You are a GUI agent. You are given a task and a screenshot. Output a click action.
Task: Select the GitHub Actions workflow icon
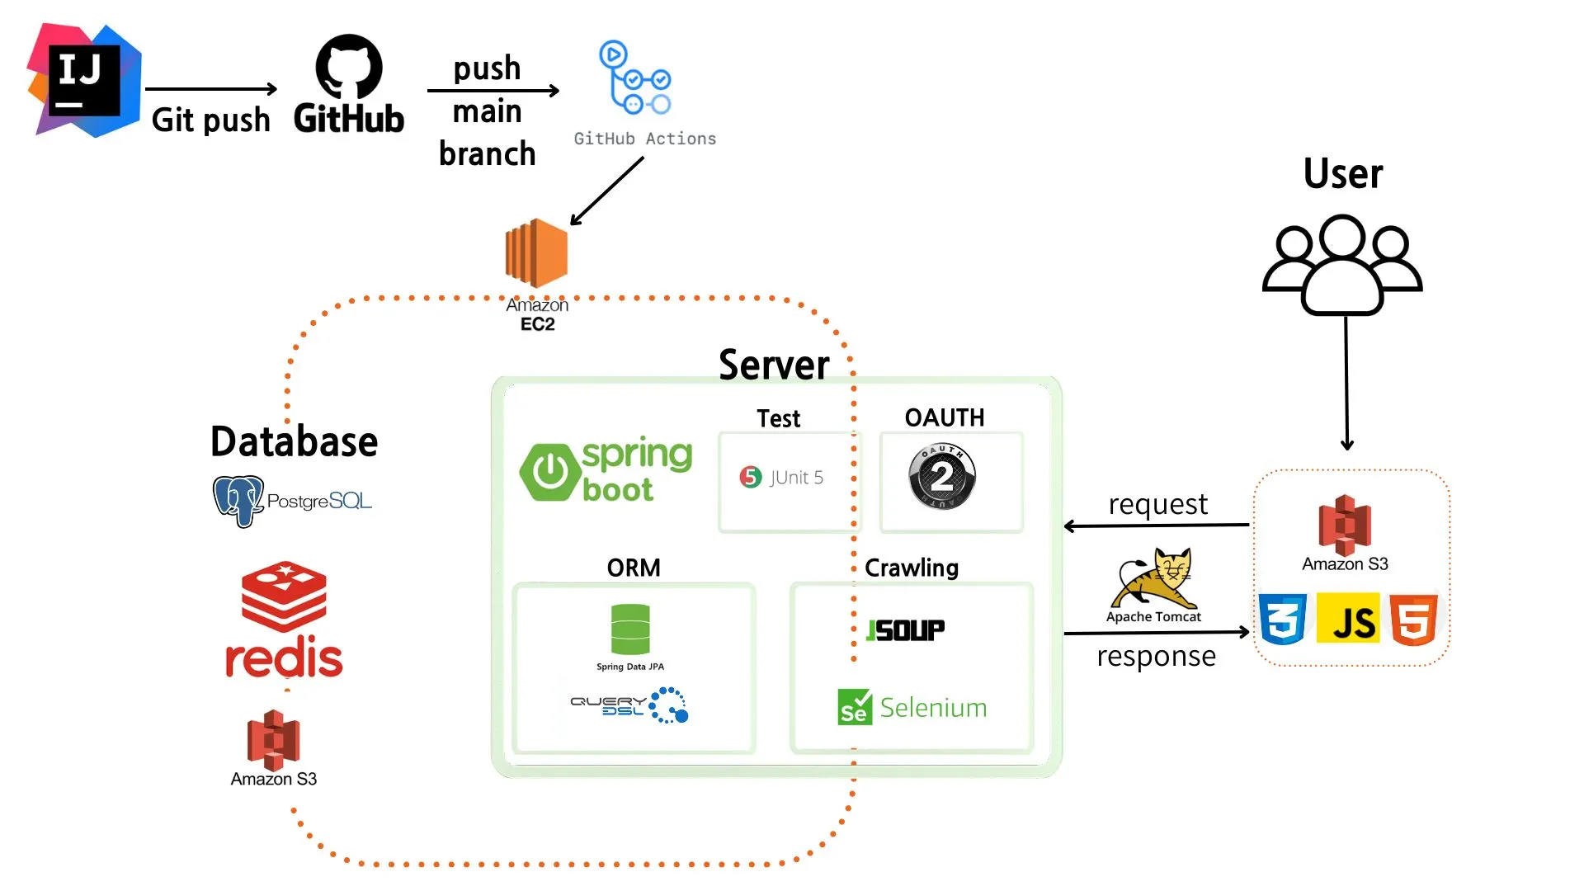click(x=634, y=78)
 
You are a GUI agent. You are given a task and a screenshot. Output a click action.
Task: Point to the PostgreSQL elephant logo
click(x=238, y=500)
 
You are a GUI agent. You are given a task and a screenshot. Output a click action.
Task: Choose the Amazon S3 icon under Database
click(x=274, y=738)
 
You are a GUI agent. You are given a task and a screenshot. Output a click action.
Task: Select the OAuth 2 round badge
click(x=942, y=476)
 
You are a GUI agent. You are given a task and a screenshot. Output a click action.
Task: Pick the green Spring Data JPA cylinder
click(x=630, y=629)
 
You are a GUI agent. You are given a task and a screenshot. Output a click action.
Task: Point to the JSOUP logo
click(x=906, y=630)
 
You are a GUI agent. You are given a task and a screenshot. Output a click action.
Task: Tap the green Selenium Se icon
click(x=855, y=707)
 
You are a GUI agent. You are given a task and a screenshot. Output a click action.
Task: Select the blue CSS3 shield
click(x=1283, y=619)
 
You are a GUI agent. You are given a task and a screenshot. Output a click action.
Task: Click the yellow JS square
click(x=1348, y=619)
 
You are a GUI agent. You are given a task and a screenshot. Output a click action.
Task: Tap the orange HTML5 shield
click(x=1413, y=619)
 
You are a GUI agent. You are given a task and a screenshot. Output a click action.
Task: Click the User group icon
click(x=1342, y=264)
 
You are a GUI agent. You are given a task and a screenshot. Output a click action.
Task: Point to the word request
click(x=1157, y=504)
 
